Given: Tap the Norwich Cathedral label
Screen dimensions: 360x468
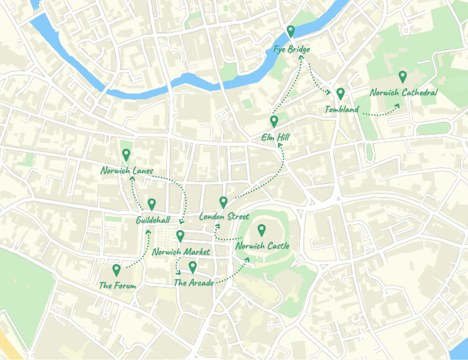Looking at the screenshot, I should point(403,93).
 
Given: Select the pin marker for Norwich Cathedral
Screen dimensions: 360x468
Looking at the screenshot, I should point(402,76).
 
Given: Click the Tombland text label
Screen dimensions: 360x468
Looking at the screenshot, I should point(342,110).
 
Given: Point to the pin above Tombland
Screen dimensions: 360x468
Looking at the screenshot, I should point(340,94).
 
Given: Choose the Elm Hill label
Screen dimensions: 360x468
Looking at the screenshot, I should point(275,137).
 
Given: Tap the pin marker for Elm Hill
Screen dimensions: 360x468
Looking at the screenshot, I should point(274,122).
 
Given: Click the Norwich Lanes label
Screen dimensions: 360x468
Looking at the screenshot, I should point(126,171).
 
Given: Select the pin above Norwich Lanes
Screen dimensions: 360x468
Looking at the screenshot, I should point(126,154).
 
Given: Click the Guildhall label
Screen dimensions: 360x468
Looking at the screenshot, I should point(153,220).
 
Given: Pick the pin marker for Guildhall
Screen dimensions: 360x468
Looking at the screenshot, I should point(152,204).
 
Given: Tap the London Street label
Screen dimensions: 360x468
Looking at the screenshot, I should point(224,216).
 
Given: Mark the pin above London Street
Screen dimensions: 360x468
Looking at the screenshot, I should point(224,202).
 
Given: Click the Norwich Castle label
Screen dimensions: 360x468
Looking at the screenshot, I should point(262,246).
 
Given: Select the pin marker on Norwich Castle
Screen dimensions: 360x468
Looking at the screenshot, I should point(262,230).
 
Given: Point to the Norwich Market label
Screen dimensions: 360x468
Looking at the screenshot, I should point(181,252).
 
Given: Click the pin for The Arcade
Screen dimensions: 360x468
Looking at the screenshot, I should point(192,266).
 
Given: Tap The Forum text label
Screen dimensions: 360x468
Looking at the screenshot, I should point(117,285).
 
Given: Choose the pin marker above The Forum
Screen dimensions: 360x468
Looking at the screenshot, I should point(117,270).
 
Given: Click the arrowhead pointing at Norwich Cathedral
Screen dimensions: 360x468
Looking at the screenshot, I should point(398,105).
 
